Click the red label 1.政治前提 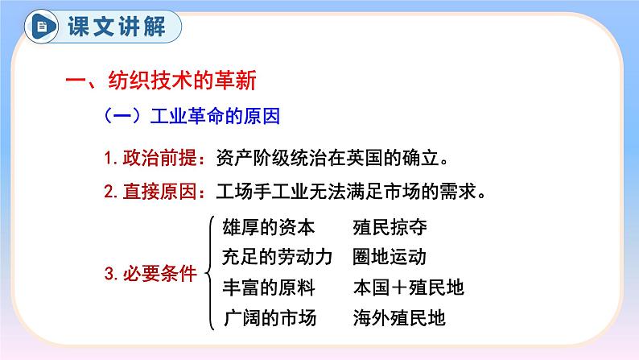[149, 155]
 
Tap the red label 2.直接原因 [149, 192]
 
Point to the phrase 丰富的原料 [269, 288]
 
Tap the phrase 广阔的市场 [269, 317]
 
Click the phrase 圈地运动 [389, 258]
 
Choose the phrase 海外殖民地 [398, 317]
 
